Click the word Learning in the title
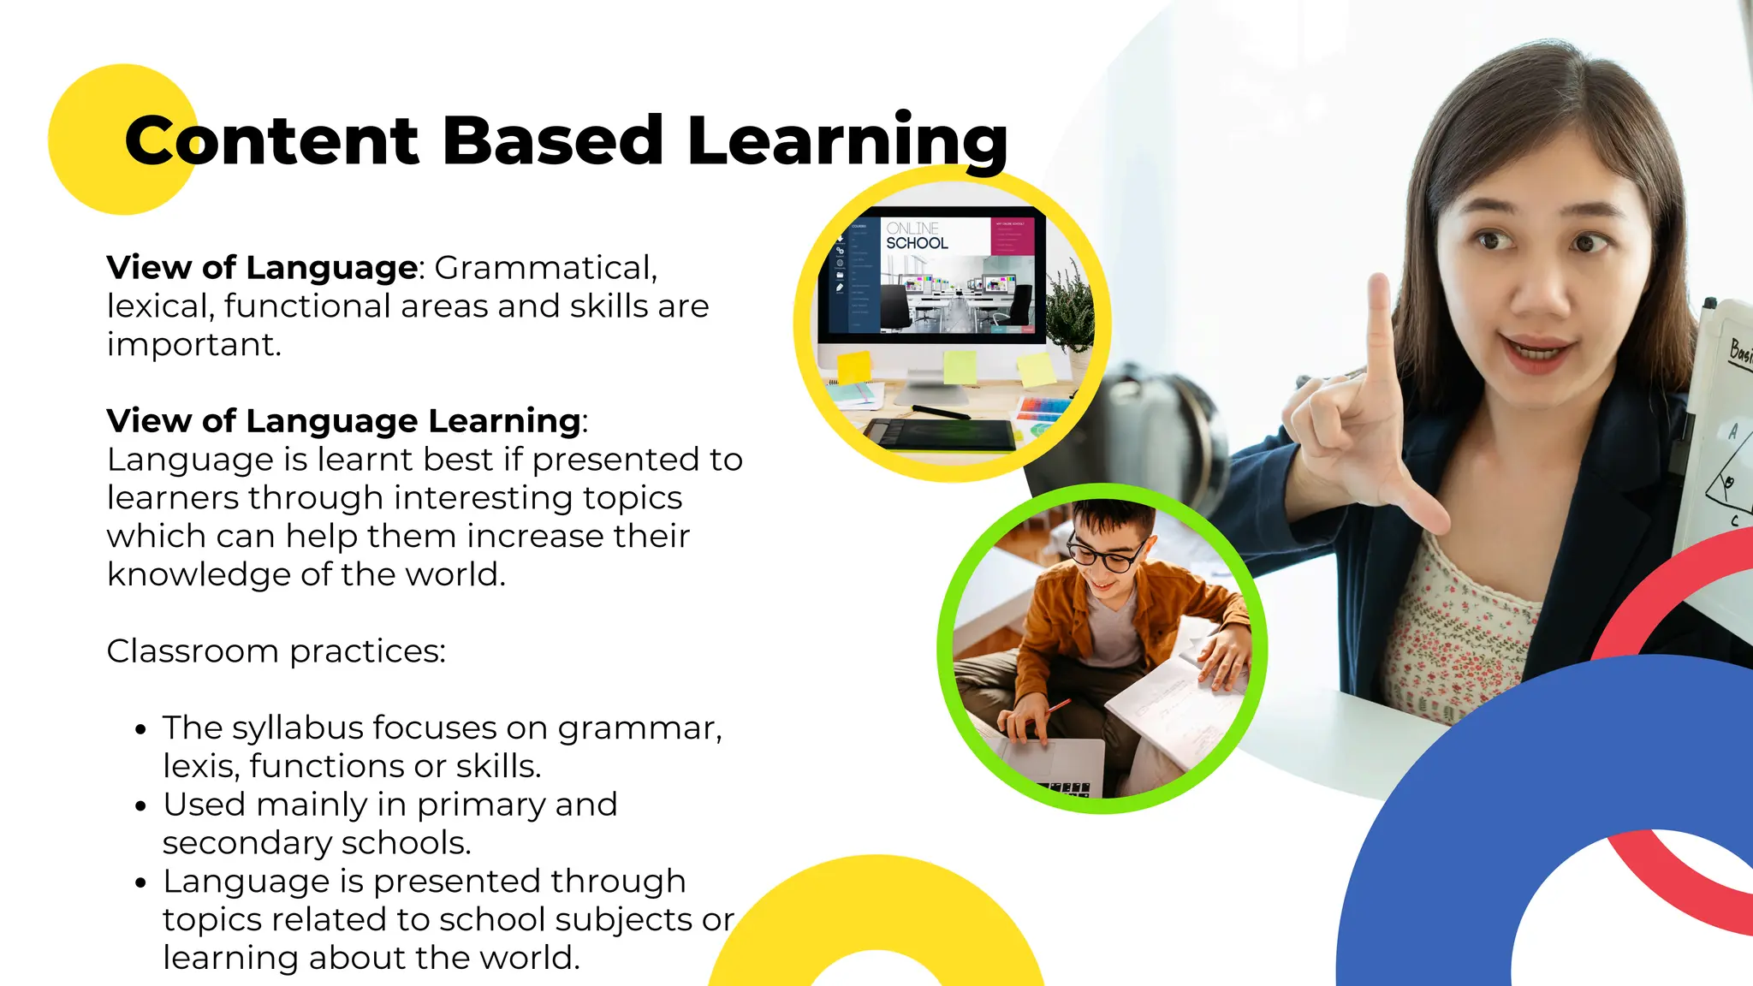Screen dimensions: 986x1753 click(x=847, y=141)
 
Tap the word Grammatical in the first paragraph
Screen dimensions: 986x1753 click(x=545, y=268)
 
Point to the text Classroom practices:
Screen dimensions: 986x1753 click(x=276, y=651)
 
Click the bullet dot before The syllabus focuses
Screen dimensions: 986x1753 click(x=141, y=730)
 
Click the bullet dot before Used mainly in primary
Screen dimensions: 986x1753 click(x=141, y=806)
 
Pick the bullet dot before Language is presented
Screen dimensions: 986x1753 click(x=141, y=883)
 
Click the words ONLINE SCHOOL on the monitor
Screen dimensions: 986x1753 click(x=917, y=236)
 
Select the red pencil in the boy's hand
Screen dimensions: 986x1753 click(x=1058, y=705)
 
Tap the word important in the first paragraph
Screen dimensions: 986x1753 click(x=193, y=345)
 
